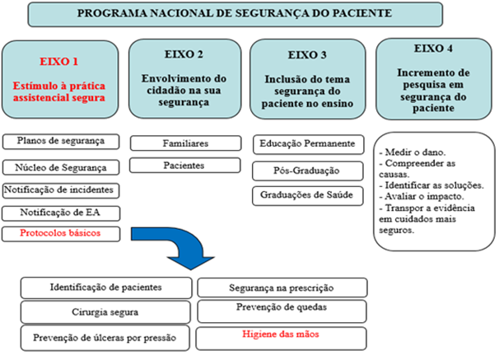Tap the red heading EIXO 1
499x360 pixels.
[63, 61]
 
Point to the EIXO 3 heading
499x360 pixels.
[308, 55]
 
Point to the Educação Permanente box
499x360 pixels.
[307, 143]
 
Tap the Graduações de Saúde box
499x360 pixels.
[307, 195]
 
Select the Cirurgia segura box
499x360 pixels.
[107, 313]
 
